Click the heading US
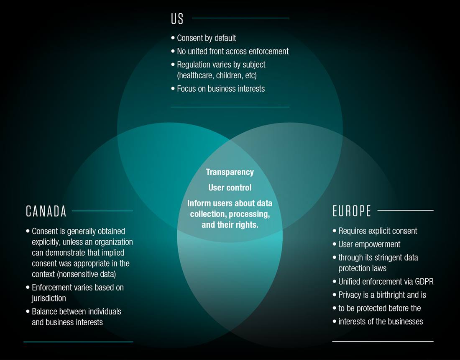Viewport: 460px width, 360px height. coord(177,19)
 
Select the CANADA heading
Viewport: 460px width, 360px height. coord(46,211)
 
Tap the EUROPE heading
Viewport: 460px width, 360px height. coord(352,211)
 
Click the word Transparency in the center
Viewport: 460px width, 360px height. coord(230,172)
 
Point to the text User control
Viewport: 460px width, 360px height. coord(230,188)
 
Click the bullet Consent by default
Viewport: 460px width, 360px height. coord(206,38)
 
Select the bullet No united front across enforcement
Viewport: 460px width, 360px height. coord(233,51)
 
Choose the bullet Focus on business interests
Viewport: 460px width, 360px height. coord(220,89)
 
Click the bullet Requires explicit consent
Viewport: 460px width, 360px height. coord(378,231)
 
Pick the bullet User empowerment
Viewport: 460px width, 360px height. coord(369,244)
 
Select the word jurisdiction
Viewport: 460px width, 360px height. coord(49,298)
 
